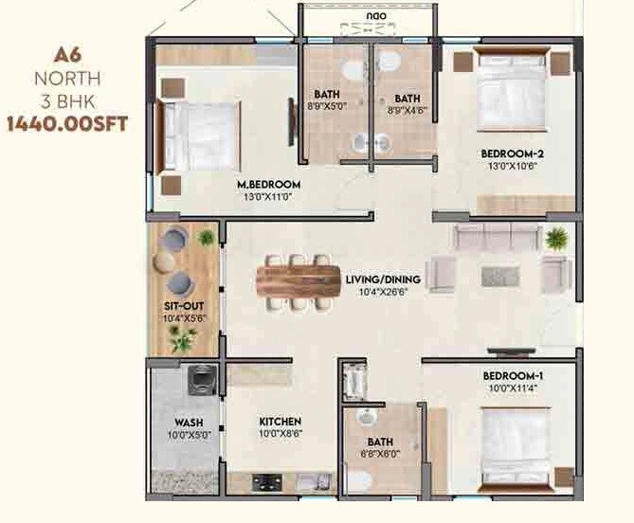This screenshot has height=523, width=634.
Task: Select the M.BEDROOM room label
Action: click(x=269, y=184)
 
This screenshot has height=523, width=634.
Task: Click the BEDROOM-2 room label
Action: click(x=511, y=153)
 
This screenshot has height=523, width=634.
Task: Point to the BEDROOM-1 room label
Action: click(x=513, y=375)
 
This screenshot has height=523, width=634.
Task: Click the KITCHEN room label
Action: click(x=280, y=422)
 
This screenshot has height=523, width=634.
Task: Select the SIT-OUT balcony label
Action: click(x=179, y=306)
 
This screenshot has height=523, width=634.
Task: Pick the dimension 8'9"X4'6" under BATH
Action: click(x=407, y=111)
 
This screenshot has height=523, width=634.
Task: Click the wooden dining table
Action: click(x=298, y=280)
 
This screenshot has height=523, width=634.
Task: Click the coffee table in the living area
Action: click(x=500, y=276)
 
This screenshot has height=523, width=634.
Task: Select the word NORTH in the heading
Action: click(x=67, y=79)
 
